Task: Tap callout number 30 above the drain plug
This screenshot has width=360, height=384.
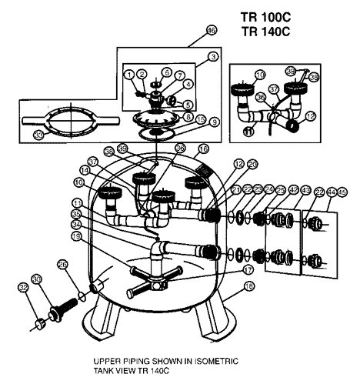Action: [37, 279]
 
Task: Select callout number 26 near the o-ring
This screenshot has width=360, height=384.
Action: [64, 265]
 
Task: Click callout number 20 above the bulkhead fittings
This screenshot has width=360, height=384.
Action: [232, 164]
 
